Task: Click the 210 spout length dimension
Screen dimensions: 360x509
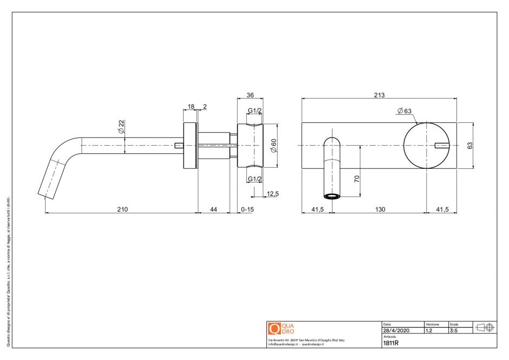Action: (123, 210)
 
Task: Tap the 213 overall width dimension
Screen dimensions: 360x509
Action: (379, 95)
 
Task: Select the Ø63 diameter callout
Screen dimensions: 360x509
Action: (404, 111)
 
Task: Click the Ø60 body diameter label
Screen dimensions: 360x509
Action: (273, 146)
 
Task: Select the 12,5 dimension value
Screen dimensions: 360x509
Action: (272, 194)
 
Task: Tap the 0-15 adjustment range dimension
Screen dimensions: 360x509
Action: (247, 210)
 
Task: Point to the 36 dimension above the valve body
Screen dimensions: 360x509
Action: (250, 95)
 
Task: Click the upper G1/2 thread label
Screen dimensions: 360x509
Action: (255, 111)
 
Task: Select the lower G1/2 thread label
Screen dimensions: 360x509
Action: (255, 179)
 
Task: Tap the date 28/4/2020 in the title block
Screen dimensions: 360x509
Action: (395, 330)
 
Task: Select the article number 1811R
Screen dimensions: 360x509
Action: (390, 343)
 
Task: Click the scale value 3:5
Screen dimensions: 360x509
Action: (453, 330)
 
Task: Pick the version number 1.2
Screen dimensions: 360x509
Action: (429, 330)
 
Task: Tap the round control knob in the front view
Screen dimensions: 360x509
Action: (426, 145)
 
